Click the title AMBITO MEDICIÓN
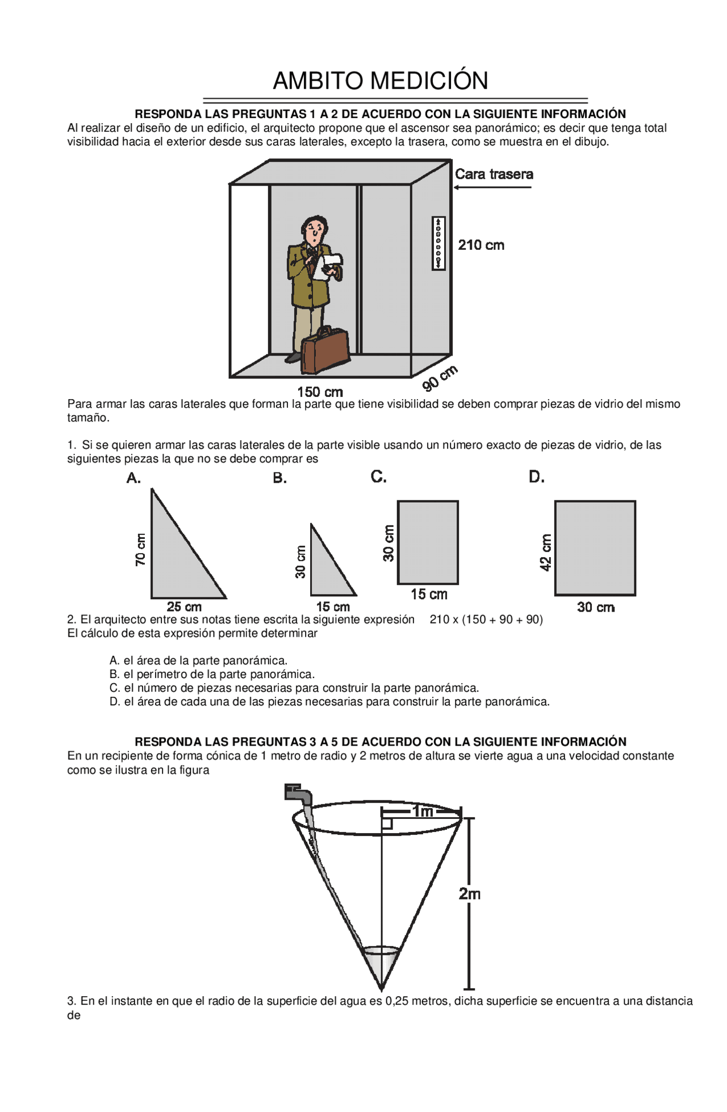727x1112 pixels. point(380,81)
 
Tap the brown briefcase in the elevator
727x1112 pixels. point(325,351)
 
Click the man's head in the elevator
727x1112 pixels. point(314,229)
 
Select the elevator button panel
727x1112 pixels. point(438,243)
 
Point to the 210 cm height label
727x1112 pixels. point(481,245)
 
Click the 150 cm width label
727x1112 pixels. point(320,392)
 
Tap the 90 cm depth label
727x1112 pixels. point(440,378)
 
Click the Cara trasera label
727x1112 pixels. point(494,174)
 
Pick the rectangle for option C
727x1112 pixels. point(428,542)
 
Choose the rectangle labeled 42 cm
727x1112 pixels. point(595,548)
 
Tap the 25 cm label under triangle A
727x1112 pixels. point(184,607)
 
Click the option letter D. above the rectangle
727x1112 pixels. point(536,478)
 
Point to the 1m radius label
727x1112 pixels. point(423,812)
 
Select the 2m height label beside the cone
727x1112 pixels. point(470,894)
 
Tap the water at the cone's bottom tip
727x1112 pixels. point(381,963)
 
